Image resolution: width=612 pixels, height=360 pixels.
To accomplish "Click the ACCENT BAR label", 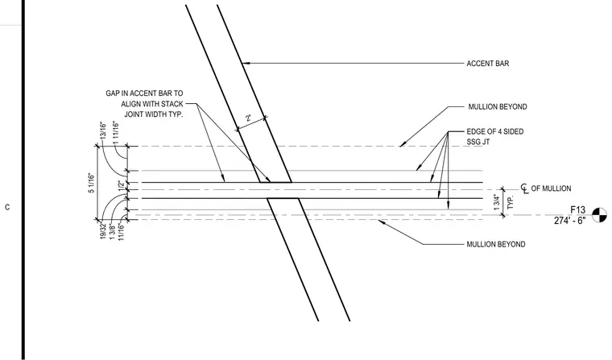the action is coord(487,64).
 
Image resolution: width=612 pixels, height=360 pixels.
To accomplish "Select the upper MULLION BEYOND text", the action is coord(498,106).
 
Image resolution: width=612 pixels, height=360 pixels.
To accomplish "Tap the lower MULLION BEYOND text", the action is coord(496,244).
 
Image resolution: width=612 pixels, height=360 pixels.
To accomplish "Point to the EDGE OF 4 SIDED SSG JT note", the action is coord(495,137).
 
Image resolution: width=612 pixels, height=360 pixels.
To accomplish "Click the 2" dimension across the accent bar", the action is coord(248,118).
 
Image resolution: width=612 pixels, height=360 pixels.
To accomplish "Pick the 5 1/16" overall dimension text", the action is coord(91,183).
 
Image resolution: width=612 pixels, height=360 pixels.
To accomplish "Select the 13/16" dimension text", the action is coord(103,130).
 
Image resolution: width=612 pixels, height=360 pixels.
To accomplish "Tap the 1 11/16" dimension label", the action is coord(115,132).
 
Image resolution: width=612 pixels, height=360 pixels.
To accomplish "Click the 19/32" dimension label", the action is coord(103,230).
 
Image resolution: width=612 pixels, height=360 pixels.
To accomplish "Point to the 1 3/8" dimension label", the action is coord(113,232).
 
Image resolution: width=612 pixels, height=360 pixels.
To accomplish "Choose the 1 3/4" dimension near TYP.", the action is coord(497,203).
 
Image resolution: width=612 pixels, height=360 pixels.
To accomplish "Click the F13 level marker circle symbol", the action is coord(599,215).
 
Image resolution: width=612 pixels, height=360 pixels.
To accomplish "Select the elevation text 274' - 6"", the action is coord(569,221).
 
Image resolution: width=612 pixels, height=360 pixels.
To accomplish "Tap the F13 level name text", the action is coord(577,210).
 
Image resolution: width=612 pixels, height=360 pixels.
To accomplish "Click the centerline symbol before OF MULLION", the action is coord(524,188).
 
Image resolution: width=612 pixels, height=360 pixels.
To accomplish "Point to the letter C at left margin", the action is coord(7,207).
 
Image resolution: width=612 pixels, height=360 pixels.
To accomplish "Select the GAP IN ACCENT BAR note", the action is coord(144,104).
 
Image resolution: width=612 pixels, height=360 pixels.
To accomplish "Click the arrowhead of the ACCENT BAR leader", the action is coord(245,63).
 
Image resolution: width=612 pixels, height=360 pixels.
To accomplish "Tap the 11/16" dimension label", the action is coord(121,231).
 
